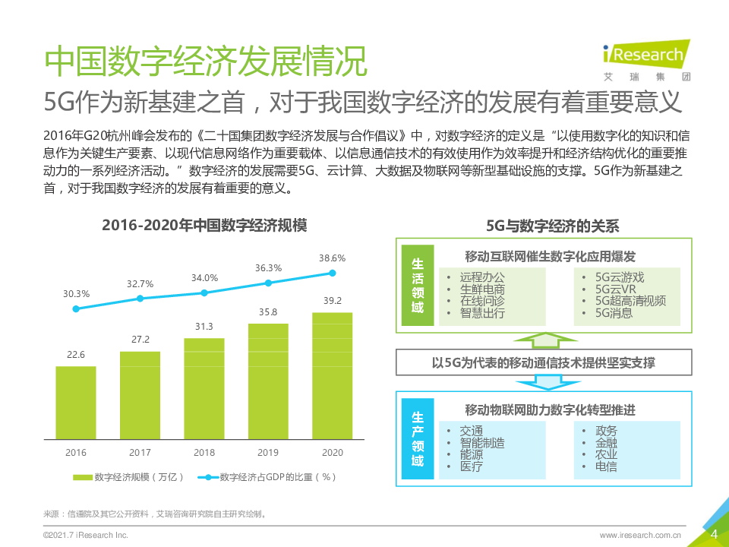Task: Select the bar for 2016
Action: click(76, 402)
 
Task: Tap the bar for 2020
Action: click(332, 375)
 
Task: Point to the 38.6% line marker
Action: click(332, 273)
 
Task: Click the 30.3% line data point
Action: click(76, 308)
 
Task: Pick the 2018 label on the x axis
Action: click(204, 453)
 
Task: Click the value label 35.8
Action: click(268, 312)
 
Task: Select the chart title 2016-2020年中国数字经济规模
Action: click(204, 226)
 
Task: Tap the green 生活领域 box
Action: click(418, 285)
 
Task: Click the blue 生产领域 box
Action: click(418, 438)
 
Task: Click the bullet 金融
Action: click(606, 443)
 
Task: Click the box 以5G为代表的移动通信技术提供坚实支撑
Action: click(543, 362)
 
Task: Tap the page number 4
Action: click(713, 534)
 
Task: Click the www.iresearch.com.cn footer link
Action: click(639, 535)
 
